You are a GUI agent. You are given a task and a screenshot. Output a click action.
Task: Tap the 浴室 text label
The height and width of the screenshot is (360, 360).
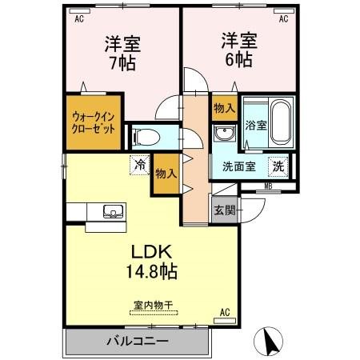pos(256,126)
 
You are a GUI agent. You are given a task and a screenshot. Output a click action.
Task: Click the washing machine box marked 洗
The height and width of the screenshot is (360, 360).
pos(278,166)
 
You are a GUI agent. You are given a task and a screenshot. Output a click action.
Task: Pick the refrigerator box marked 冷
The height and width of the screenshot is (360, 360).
pos(139,166)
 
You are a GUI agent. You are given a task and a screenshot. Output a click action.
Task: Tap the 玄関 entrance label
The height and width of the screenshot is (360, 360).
pos(224,211)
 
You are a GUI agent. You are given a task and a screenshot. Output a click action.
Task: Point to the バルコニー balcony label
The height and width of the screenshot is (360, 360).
pos(137,342)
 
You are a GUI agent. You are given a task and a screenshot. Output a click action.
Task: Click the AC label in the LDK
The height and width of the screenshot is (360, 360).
pos(225,311)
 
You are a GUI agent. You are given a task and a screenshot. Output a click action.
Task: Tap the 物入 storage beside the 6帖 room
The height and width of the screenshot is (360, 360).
pos(223,107)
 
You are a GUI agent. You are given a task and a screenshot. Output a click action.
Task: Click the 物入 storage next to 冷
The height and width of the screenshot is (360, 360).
pos(166,174)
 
